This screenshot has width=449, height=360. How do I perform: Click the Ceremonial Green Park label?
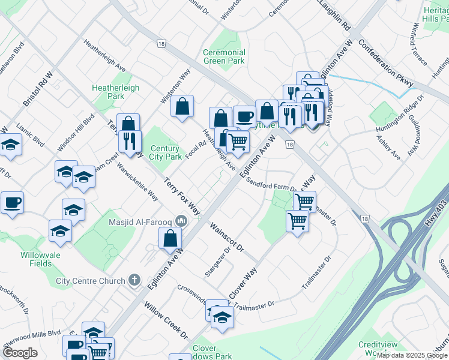pos(224,56)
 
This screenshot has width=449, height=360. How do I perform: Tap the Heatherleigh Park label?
pos(115,92)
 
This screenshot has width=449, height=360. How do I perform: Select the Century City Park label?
pos(165,152)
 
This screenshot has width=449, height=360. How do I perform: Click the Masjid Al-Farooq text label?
pos(142,222)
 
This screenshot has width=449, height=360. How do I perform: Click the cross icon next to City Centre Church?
pos(135,280)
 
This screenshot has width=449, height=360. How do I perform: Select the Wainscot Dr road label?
pos(228,237)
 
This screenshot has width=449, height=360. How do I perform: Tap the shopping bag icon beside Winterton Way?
pos(182,107)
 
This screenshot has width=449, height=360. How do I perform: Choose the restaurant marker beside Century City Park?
pos(130,142)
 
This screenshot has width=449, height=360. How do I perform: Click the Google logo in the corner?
pos(19,353)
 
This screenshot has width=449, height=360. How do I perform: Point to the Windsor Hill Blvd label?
pos(76,133)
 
